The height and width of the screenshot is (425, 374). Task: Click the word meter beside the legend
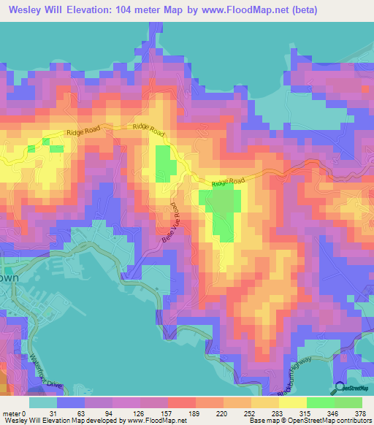[14, 392]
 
